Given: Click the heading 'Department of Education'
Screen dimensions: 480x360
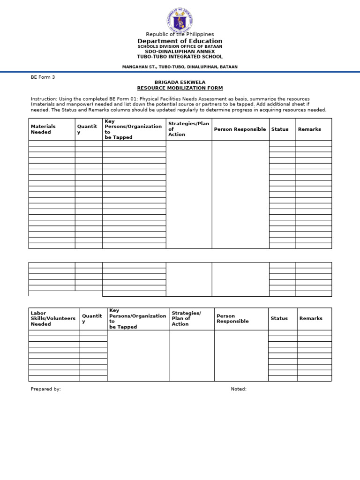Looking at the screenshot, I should (x=180, y=41).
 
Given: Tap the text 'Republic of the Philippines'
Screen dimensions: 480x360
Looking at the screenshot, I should (x=180, y=34).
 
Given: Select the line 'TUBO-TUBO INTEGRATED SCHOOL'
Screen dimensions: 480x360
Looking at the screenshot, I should (x=180, y=57).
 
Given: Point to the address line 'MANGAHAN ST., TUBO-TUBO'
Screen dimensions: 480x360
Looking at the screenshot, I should (x=180, y=67).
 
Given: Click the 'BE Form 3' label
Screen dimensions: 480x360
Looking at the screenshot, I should (x=43, y=77).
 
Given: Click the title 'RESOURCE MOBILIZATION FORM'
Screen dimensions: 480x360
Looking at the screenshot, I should (x=180, y=88).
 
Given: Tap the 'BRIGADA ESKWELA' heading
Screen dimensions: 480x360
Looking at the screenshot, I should (x=180, y=82).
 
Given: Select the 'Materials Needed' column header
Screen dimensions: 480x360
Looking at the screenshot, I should (x=43, y=129).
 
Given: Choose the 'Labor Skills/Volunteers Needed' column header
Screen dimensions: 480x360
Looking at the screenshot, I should (x=53, y=318).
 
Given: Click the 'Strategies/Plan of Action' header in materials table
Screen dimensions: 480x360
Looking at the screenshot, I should (x=188, y=129).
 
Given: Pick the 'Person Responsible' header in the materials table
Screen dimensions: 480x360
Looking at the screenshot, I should (x=240, y=129).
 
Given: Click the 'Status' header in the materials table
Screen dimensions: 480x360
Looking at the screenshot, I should (x=280, y=129).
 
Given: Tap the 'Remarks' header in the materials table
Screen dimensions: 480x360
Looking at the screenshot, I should (x=309, y=129).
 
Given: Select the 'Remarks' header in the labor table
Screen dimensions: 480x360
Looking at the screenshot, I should (x=311, y=318).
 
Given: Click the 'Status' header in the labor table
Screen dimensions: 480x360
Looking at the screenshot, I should (x=279, y=318).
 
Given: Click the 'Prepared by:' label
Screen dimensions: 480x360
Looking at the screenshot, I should (x=45, y=389).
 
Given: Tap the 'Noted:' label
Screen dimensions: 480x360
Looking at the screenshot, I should (x=238, y=389).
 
